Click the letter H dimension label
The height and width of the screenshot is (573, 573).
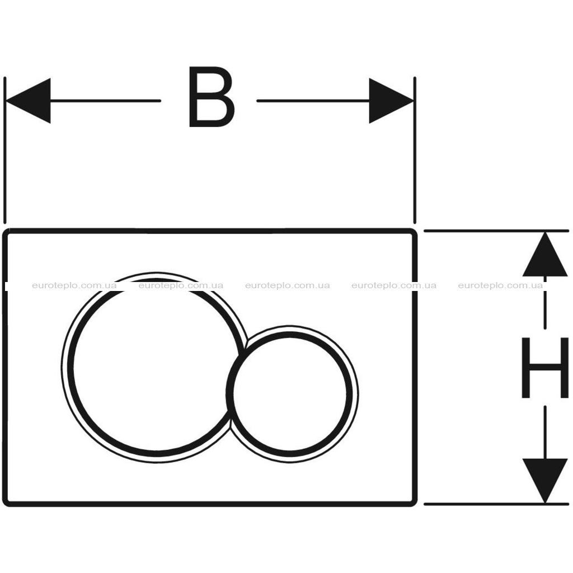[545, 368]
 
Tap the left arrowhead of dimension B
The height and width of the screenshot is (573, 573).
[28, 101]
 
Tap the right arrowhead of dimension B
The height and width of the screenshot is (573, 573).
[391, 101]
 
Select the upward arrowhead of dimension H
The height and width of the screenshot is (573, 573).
[545, 255]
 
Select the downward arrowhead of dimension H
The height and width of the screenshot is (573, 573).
[545, 481]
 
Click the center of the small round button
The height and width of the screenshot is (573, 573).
[290, 394]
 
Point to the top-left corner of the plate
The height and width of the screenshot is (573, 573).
[4, 230]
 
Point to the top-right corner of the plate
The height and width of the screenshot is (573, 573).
[416, 230]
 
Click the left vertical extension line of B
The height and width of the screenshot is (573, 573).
[4, 150]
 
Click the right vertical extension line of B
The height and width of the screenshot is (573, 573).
[415, 150]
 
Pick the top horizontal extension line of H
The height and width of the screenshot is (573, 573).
[496, 231]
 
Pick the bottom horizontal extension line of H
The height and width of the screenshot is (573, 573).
[496, 504]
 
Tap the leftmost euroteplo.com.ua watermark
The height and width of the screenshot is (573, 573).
[74, 285]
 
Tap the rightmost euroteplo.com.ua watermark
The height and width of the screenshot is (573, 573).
[501, 285]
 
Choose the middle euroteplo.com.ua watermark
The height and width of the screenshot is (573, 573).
[288, 285]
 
